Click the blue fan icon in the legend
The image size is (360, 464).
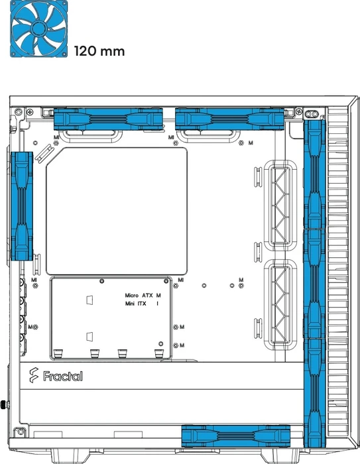point(38,29)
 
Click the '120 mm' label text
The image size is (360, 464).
point(99,51)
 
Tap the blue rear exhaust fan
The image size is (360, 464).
point(22,206)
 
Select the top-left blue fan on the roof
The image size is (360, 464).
point(108,119)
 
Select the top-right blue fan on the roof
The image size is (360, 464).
point(230,119)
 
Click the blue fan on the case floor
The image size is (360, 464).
point(235,435)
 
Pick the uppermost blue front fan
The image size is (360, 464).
point(315,174)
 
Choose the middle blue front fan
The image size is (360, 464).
point(315,284)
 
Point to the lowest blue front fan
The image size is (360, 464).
point(315,392)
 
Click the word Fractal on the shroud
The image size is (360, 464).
point(63,376)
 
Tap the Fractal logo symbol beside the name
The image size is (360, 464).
point(34,375)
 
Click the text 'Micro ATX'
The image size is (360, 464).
point(139,296)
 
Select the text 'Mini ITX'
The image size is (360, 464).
point(136,304)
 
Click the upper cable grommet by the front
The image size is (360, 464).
point(280,205)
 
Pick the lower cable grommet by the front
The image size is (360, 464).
point(280,304)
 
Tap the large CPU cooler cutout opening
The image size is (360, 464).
point(117,211)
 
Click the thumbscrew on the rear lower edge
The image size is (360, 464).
point(5,404)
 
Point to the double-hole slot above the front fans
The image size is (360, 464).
point(312,114)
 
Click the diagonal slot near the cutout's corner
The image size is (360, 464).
point(44,153)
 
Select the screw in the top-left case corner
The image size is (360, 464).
point(19,112)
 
